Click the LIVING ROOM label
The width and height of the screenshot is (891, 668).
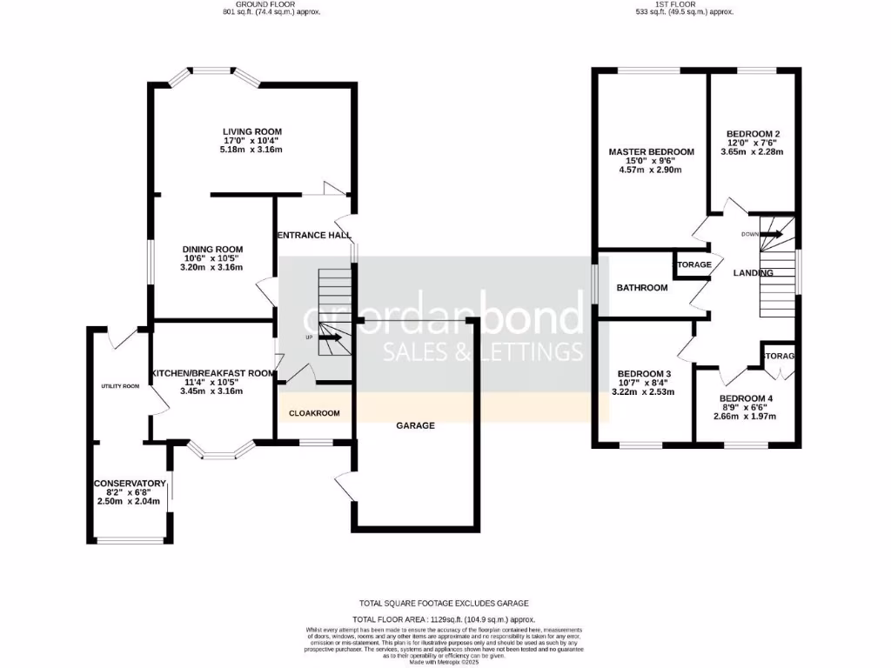pos(251,131)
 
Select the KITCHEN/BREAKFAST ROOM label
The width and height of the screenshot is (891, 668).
pos(212,373)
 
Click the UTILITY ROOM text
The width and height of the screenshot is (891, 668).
pos(120,386)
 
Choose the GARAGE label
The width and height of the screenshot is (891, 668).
pos(415,425)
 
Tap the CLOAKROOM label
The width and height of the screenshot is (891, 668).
pos(314,413)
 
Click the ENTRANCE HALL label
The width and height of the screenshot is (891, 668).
pos(314,236)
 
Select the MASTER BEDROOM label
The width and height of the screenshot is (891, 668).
pos(651,152)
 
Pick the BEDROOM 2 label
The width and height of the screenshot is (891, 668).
pos(753,134)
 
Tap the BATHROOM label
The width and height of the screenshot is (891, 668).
pos(642,288)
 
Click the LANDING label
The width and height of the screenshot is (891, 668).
pos(753,273)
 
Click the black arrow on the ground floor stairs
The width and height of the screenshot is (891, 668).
pos(331,337)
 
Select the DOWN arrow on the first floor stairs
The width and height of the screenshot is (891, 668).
pos(771,233)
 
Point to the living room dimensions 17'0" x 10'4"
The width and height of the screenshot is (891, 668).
pos(251,141)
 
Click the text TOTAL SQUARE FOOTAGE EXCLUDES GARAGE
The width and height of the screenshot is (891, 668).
pos(444,603)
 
